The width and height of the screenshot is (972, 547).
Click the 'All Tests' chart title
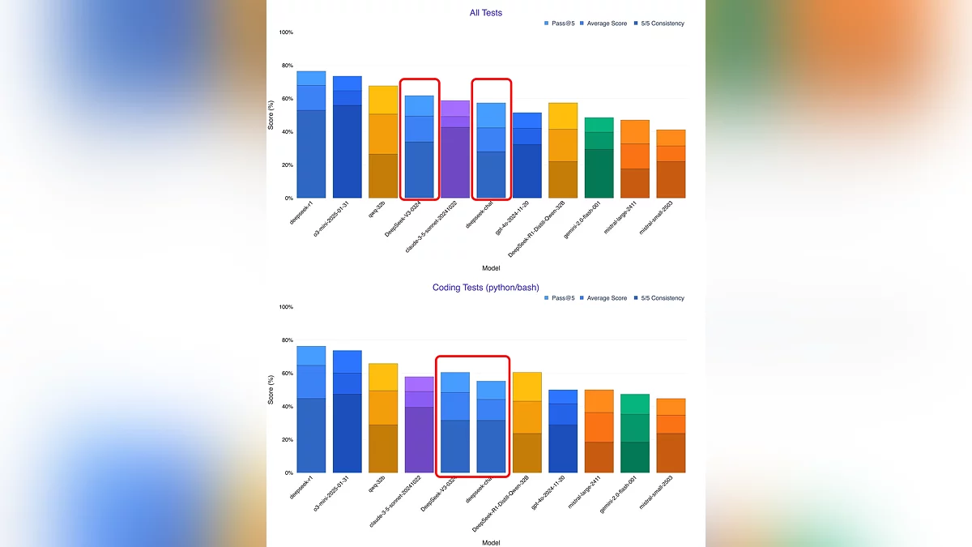[486, 13]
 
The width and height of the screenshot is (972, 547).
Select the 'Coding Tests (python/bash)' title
[486, 288]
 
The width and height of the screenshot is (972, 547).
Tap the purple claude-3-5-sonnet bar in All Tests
[454, 150]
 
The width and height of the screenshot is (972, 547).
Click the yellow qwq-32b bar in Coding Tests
[383, 418]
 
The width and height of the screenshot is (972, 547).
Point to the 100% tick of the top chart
[286, 32]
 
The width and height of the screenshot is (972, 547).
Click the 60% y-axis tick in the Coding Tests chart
[286, 374]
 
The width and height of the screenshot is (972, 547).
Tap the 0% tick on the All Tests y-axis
[288, 198]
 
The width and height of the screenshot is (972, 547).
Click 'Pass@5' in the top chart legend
[562, 24]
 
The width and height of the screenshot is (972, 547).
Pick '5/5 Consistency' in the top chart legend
[661, 24]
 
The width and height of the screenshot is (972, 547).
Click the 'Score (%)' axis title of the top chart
[272, 115]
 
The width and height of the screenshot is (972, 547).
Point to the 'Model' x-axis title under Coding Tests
[491, 542]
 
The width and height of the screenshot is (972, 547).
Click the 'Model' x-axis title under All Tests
[491, 267]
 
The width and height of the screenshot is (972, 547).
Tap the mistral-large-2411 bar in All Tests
[635, 159]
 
